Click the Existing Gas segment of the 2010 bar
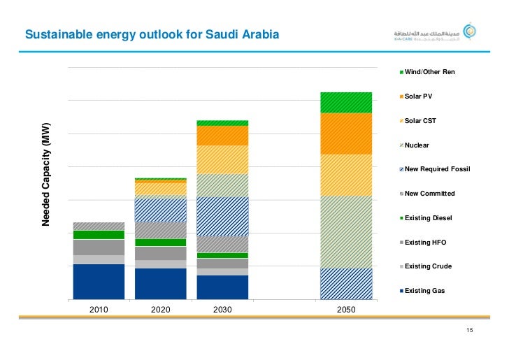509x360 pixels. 99,282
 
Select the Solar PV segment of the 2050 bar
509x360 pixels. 346,134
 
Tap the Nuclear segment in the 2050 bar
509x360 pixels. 346,231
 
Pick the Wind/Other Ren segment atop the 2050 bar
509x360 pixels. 346,102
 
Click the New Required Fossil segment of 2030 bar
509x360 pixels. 222,216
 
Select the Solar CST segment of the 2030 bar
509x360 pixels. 222,159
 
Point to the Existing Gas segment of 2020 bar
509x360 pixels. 160,284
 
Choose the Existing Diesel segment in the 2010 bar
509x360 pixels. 99,235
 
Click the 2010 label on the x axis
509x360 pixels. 99,308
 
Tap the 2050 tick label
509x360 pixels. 346,308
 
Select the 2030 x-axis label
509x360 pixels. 222,308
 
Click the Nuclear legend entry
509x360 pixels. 417,145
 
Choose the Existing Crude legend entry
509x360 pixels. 428,266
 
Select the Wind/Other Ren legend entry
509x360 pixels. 429,72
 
